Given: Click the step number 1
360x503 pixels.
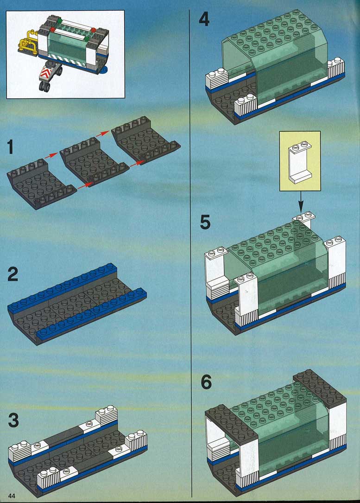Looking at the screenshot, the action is click(11, 147).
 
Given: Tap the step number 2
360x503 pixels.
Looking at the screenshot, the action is click(13, 274).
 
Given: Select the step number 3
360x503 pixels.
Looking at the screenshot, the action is click(13, 420).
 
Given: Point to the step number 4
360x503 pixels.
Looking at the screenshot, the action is click(204, 19).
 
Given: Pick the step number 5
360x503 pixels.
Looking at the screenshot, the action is click(205, 223).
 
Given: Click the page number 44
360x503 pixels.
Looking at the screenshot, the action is click(12, 496).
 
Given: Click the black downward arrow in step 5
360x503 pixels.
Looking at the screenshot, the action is click(301, 201).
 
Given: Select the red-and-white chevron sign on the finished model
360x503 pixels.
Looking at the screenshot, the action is click(46, 74).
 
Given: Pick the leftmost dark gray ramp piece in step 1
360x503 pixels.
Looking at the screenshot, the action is click(41, 184).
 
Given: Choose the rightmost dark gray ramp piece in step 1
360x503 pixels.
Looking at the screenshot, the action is click(146, 140).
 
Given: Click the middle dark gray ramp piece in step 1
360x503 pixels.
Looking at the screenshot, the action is click(94, 162).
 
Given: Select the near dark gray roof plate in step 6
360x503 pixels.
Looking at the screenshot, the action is click(231, 423).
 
